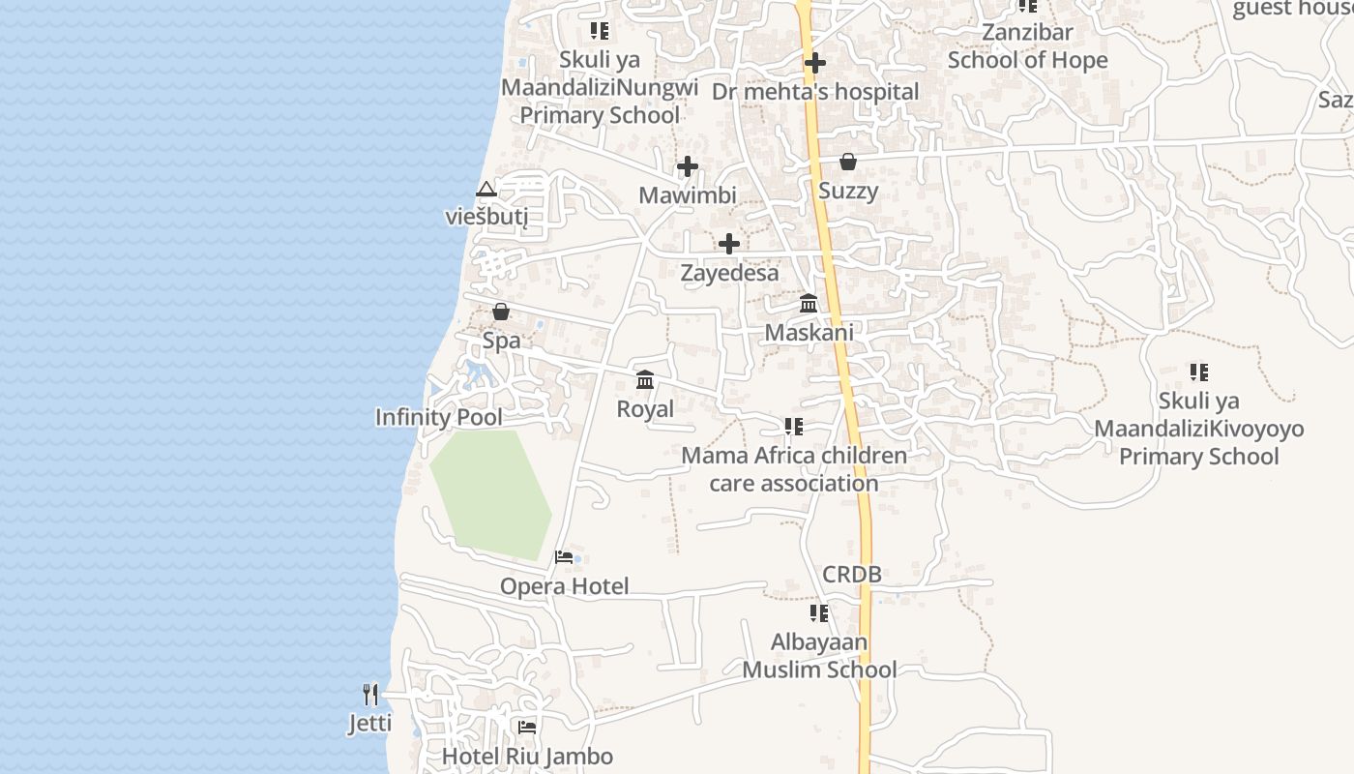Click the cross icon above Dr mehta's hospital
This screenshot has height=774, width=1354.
coord(815,64)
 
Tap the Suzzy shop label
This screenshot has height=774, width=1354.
coord(848,191)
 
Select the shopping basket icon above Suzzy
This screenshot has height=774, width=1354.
coord(848,162)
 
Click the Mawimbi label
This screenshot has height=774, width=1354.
coord(688,195)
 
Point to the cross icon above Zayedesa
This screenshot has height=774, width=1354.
coord(729,244)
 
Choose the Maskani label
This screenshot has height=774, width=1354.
coord(809,333)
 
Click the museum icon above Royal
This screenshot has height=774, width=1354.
coord(645,380)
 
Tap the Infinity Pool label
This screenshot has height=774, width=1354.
coord(439,417)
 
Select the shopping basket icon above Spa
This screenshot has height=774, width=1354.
coord(501,312)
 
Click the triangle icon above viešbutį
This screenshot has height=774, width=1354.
coord(486,189)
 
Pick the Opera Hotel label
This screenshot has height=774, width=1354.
coord(564,586)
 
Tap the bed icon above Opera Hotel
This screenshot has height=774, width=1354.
coord(564,557)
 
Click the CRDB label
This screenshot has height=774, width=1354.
coord(852,575)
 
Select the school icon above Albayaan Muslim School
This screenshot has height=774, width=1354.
coord(819,613)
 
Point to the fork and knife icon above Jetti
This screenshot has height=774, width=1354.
coord(370,694)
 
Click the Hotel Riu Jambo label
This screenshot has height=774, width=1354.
coord(527,757)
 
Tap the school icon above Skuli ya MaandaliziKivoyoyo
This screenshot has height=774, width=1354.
coord(1199,372)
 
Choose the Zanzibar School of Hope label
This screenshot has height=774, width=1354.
coord(1027,46)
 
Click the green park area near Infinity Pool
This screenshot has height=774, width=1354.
coord(490,493)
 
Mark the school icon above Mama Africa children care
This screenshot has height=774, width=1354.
coord(794,427)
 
